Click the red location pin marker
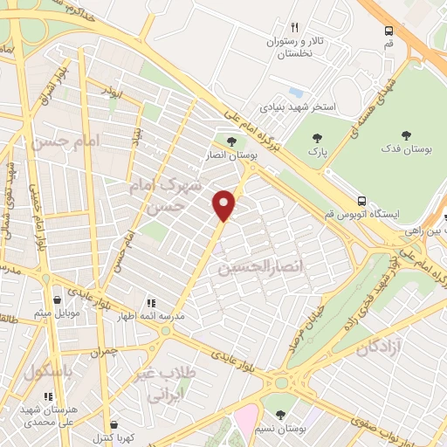pyautogui.click(x=226, y=205)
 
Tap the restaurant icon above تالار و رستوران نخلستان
pyautogui.click(x=294, y=28)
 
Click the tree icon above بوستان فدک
pyautogui.click(x=406, y=135)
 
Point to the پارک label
pyautogui.click(x=317, y=151)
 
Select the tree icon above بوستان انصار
pyautogui.click(x=230, y=141)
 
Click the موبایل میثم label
pyautogui.click(x=58, y=313)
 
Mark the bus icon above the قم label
pyautogui.click(x=389, y=31)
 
